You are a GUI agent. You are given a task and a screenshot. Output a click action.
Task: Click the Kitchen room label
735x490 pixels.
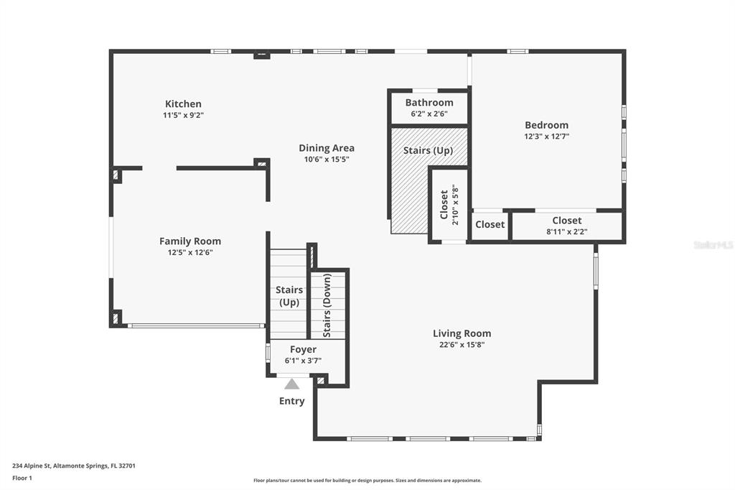[183, 103]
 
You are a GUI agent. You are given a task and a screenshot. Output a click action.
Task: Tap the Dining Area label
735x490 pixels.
[327, 148]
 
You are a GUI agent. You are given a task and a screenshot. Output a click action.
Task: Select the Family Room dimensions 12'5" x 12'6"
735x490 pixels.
[190, 252]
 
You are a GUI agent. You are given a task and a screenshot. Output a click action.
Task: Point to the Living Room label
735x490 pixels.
[462, 333]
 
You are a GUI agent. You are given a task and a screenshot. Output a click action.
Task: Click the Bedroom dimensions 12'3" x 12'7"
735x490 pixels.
[546, 137]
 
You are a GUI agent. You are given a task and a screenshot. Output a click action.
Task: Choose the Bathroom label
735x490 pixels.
[429, 102]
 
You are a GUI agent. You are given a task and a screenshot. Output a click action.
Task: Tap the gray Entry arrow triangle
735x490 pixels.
[291, 384]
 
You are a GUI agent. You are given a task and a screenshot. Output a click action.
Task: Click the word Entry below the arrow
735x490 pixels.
[291, 401]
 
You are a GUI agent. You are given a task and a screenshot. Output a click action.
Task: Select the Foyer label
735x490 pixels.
[304, 349]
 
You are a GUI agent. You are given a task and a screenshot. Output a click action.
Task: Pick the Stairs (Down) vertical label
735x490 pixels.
[327, 305]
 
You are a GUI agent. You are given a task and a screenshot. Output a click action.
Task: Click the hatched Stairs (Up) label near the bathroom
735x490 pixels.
[428, 151]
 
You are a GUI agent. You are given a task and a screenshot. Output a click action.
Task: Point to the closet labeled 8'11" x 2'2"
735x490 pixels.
[567, 226]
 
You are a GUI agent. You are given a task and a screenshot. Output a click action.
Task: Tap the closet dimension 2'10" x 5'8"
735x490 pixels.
[455, 205]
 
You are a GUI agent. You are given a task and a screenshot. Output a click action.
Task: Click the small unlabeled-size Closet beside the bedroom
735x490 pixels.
[490, 224]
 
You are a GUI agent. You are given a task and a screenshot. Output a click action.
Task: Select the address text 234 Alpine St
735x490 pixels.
[31, 466]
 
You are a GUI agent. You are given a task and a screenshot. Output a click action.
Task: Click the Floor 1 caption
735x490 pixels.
[22, 479]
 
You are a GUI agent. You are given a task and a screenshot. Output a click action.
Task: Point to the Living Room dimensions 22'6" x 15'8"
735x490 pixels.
[462, 345]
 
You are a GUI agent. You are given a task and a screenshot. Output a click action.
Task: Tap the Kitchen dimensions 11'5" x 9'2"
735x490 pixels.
[183, 115]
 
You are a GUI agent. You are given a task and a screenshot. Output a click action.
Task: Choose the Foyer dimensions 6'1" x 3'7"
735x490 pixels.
[304, 361]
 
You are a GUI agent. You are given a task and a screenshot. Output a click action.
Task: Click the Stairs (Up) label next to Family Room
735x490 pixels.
[289, 296]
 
